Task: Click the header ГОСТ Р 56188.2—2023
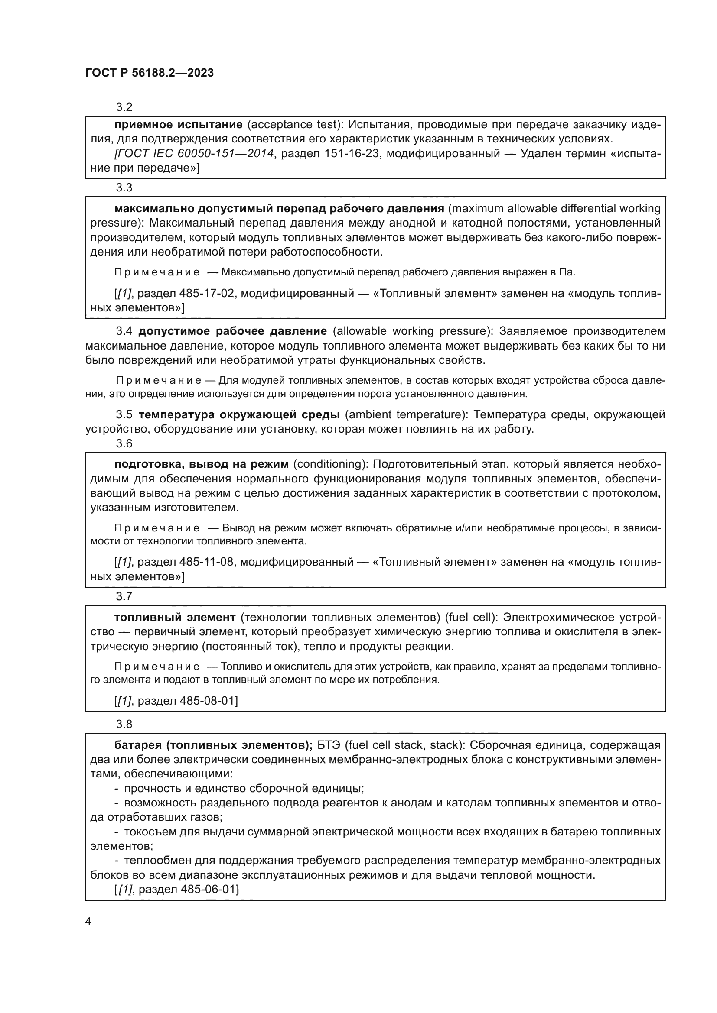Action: click(x=149, y=73)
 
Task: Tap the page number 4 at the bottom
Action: click(x=88, y=922)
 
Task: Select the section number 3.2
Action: click(x=124, y=107)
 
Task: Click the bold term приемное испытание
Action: click(x=178, y=125)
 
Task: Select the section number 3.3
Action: click(x=124, y=188)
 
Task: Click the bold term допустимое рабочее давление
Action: click(x=233, y=331)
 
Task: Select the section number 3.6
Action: click(x=124, y=443)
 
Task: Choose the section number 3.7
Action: click(x=124, y=596)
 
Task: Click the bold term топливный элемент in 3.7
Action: click(x=175, y=617)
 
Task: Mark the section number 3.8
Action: click(x=124, y=725)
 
